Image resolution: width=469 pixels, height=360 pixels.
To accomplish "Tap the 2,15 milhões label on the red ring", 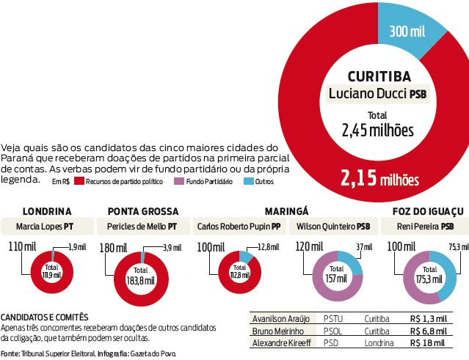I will pos(378,178).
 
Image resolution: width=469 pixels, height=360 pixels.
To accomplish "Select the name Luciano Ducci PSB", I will pos(377,94).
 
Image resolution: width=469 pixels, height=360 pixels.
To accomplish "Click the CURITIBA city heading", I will pos(377,76).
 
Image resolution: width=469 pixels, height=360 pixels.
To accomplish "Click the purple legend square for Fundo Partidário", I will pos(179,181).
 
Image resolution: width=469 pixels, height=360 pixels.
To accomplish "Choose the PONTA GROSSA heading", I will pos(142,210).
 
